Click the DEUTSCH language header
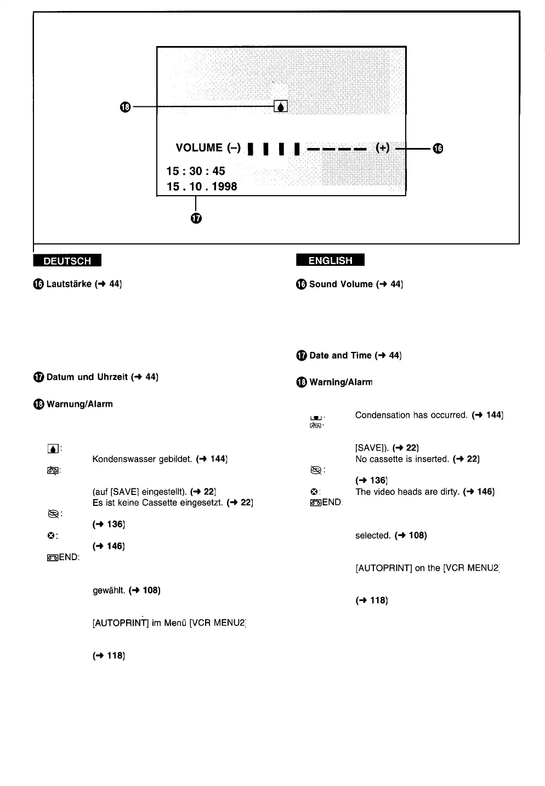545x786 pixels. pyautogui.click(x=67, y=261)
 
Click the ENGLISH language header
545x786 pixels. pyautogui.click(x=330, y=260)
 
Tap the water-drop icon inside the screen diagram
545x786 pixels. pyautogui.click(x=280, y=106)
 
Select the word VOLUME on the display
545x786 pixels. pyautogui.click(x=199, y=148)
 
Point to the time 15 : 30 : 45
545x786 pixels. pyautogui.click(x=196, y=171)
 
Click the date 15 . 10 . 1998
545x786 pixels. pyautogui.click(x=202, y=186)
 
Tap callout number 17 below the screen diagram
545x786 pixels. pyautogui.click(x=196, y=218)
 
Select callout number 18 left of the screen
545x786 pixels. pyautogui.click(x=125, y=106)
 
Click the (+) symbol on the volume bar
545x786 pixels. pyautogui.click(x=382, y=147)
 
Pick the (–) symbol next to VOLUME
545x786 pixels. pyautogui.click(x=234, y=148)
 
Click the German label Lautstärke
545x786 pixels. pyautogui.click(x=69, y=284)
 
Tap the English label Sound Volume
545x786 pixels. pyautogui.click(x=340, y=284)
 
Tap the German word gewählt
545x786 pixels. pyautogui.click(x=109, y=590)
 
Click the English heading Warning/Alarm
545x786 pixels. pyautogui.click(x=340, y=382)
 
